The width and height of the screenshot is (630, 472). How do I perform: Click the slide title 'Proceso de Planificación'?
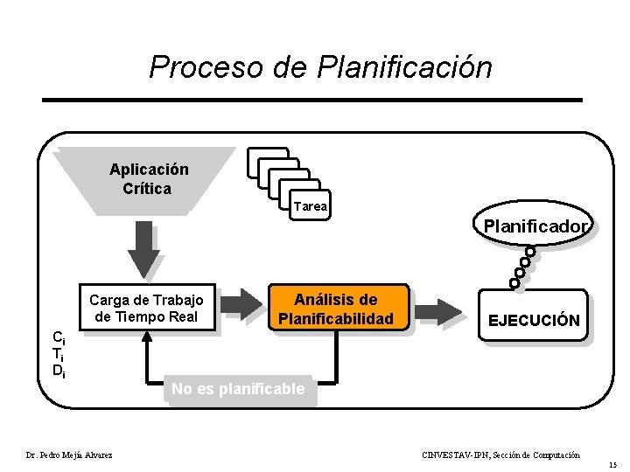[x=320, y=67]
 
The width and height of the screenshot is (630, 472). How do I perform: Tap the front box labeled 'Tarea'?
[x=310, y=206]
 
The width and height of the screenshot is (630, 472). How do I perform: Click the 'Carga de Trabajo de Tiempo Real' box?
[x=147, y=309]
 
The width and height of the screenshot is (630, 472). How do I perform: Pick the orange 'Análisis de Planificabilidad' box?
[x=335, y=309]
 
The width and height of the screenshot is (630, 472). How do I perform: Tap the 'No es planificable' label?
[x=238, y=389]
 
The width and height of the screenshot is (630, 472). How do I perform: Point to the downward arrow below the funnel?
[x=144, y=249]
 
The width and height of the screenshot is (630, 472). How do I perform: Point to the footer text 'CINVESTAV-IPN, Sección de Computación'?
[x=500, y=455]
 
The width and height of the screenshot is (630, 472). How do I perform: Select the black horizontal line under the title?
[x=312, y=100]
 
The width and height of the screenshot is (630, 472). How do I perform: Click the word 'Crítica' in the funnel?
[x=147, y=188]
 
